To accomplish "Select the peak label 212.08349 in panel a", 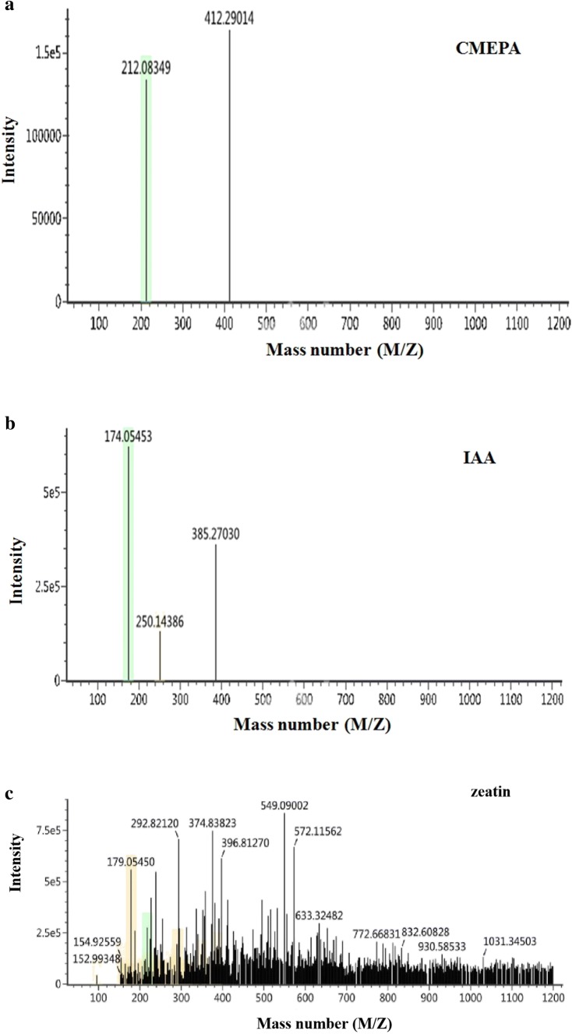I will pyautogui.click(x=145, y=69).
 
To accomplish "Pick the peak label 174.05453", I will pyautogui.click(x=129, y=438).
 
